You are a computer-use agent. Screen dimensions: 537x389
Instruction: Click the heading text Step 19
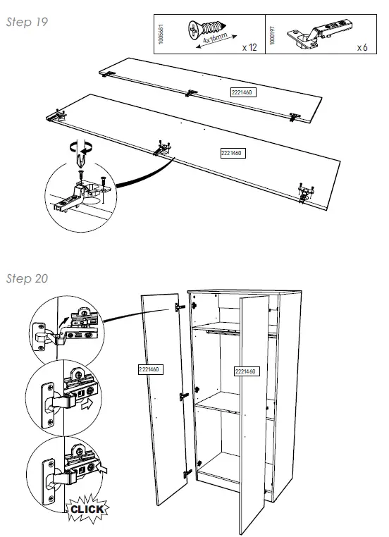pyautogui.click(x=27, y=22)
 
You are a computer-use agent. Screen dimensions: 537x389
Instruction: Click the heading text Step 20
pyautogui.click(x=27, y=278)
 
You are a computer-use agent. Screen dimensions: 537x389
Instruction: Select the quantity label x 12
pyautogui.click(x=248, y=47)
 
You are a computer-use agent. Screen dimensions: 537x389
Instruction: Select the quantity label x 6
pyautogui.click(x=362, y=47)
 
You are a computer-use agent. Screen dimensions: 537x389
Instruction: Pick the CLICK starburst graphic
pyautogui.click(x=86, y=509)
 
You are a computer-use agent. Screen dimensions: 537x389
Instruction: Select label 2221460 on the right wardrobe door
pyautogui.click(x=245, y=371)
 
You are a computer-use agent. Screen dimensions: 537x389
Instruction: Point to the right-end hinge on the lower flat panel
pyautogui.click(x=304, y=190)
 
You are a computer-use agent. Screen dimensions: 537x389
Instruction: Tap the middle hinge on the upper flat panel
pyautogui.click(x=191, y=92)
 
